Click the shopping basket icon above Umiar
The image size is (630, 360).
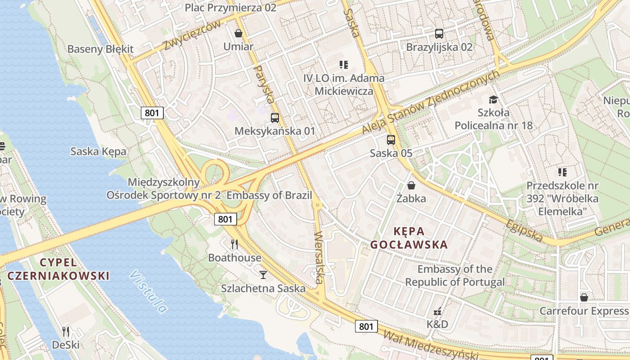(238, 33)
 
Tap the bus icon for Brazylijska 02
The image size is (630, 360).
(439, 34)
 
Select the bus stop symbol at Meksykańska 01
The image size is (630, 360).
(274, 118)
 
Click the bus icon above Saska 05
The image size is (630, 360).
(391, 140)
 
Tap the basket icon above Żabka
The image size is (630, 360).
(411, 185)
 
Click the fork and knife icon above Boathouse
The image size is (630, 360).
(234, 244)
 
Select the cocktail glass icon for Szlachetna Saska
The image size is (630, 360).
(263, 274)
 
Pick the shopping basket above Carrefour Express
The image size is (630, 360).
(584, 297)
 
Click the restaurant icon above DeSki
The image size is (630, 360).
(66, 332)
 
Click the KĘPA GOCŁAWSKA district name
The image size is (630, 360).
(409, 238)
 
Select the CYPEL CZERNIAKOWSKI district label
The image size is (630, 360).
(58, 269)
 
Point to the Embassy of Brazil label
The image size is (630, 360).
(269, 195)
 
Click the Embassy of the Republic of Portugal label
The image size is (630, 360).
(455, 275)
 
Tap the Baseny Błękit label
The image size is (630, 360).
(100, 49)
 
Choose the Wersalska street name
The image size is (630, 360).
(319, 257)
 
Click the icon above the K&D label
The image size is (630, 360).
(437, 311)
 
